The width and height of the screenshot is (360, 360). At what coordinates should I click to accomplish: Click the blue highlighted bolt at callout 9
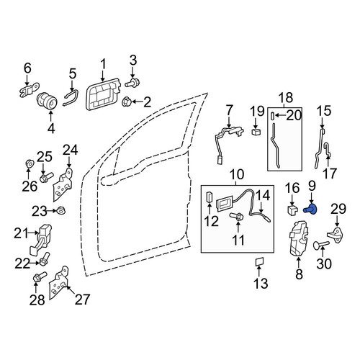pyautogui.click(x=311, y=210)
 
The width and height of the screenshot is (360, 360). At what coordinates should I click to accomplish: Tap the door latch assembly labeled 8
pyautogui.click(x=300, y=238)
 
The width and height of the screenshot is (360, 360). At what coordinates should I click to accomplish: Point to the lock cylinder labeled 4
pyautogui.click(x=48, y=101)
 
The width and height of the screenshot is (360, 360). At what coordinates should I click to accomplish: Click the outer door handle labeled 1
pyautogui.click(x=103, y=94)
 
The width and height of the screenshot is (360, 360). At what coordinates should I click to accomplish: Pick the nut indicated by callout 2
pyautogui.click(x=127, y=102)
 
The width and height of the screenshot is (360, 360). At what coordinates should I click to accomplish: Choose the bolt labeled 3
pyautogui.click(x=132, y=84)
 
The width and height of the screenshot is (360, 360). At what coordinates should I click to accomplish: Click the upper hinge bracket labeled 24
pyautogui.click(x=63, y=185)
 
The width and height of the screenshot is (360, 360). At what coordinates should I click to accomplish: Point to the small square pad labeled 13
pyautogui.click(x=259, y=261)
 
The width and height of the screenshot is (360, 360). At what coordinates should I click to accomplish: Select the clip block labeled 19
pyautogui.click(x=256, y=131)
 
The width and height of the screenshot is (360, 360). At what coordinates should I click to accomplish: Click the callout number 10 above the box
pyautogui.click(x=237, y=174)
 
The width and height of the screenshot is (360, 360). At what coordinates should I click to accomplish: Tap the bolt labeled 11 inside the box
pyautogui.click(x=237, y=216)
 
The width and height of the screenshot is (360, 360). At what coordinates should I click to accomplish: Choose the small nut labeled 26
pyautogui.click(x=30, y=164)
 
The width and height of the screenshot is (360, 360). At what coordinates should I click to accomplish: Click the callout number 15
pyautogui.click(x=324, y=111)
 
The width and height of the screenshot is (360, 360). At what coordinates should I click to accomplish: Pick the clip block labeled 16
pyautogui.click(x=292, y=209)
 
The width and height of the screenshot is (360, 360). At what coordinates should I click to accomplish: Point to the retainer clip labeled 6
pyautogui.click(x=29, y=90)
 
